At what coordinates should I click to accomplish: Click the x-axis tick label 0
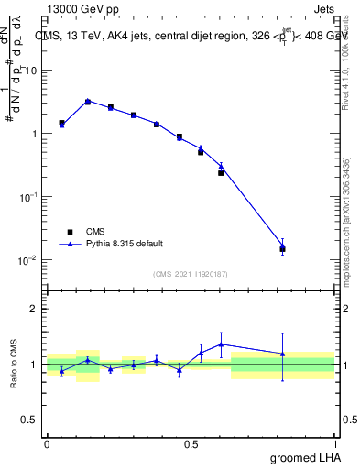47,443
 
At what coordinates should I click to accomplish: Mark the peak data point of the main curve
88,101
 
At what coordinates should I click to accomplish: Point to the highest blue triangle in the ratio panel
221,344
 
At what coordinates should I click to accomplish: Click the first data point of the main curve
61,124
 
